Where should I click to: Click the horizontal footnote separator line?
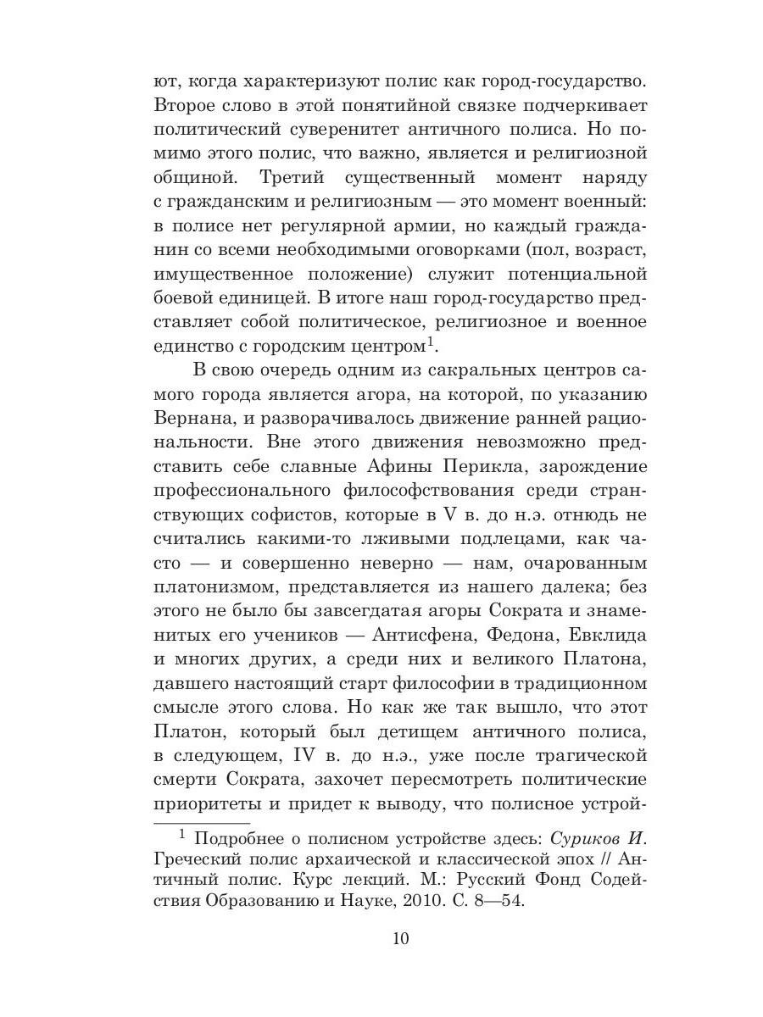(202, 822)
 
